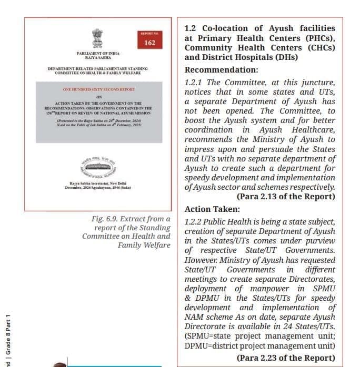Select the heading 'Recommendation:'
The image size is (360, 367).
click(222, 70)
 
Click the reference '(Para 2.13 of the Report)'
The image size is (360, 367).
click(286, 197)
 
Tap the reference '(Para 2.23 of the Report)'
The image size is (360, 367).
click(286, 358)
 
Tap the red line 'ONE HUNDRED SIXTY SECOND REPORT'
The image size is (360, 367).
click(99, 90)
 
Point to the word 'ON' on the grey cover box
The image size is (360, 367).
click(99, 97)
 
